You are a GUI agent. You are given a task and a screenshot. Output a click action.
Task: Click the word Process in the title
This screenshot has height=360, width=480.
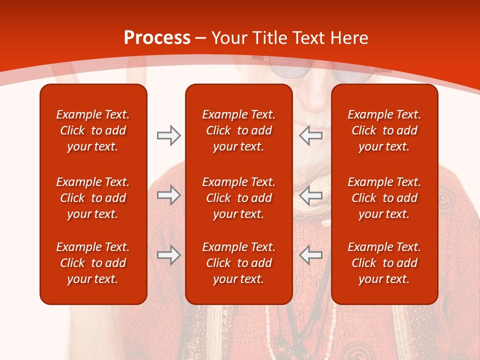tap(157, 38)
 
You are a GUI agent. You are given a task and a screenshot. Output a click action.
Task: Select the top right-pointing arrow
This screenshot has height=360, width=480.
tap(168, 135)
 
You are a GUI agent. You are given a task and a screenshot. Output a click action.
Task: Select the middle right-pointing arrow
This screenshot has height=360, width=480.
tap(168, 195)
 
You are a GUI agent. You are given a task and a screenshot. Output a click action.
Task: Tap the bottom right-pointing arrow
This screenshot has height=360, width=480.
tap(168, 255)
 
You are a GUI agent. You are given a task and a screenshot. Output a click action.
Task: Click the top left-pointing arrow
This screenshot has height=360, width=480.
tap(311, 135)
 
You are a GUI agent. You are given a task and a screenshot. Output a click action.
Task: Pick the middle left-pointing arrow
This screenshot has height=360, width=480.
tap(311, 195)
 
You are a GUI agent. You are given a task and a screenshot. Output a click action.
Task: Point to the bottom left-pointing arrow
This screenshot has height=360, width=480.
tap(311, 255)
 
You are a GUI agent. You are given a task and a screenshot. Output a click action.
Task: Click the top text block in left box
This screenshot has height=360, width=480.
tap(93, 130)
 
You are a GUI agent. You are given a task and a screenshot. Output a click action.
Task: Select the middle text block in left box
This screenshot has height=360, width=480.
tap(93, 198)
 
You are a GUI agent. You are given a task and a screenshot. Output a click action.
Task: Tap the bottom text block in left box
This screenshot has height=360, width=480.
tap(93, 263)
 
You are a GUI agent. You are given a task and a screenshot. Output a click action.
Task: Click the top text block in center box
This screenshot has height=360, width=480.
tap(238, 130)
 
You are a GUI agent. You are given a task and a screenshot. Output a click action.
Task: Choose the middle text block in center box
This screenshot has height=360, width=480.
tap(238, 198)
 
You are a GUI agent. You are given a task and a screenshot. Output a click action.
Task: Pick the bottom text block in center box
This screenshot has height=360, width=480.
tap(238, 263)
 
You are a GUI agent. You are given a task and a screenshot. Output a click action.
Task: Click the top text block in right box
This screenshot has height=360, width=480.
tap(384, 130)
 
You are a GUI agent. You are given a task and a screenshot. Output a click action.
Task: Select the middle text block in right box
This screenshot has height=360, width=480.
tap(384, 198)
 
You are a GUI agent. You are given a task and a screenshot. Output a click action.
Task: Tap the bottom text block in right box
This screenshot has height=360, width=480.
tap(384, 263)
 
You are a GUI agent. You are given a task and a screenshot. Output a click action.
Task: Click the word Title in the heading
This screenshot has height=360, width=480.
tap(270, 38)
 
